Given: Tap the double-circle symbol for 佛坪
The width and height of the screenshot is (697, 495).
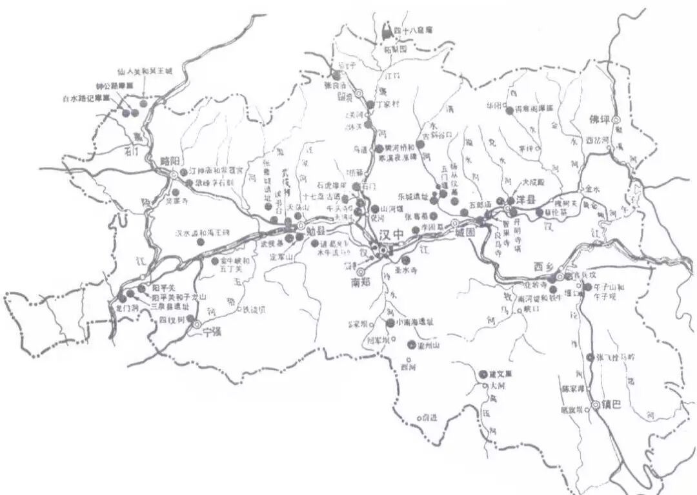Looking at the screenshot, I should click(616, 120).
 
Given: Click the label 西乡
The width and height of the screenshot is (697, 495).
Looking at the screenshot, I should click(545, 266).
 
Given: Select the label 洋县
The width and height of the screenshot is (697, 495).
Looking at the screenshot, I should click(527, 200).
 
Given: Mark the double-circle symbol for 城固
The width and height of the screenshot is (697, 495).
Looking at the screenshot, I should click(454, 223).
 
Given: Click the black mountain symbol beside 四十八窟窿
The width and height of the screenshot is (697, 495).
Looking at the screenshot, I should click(387, 29).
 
